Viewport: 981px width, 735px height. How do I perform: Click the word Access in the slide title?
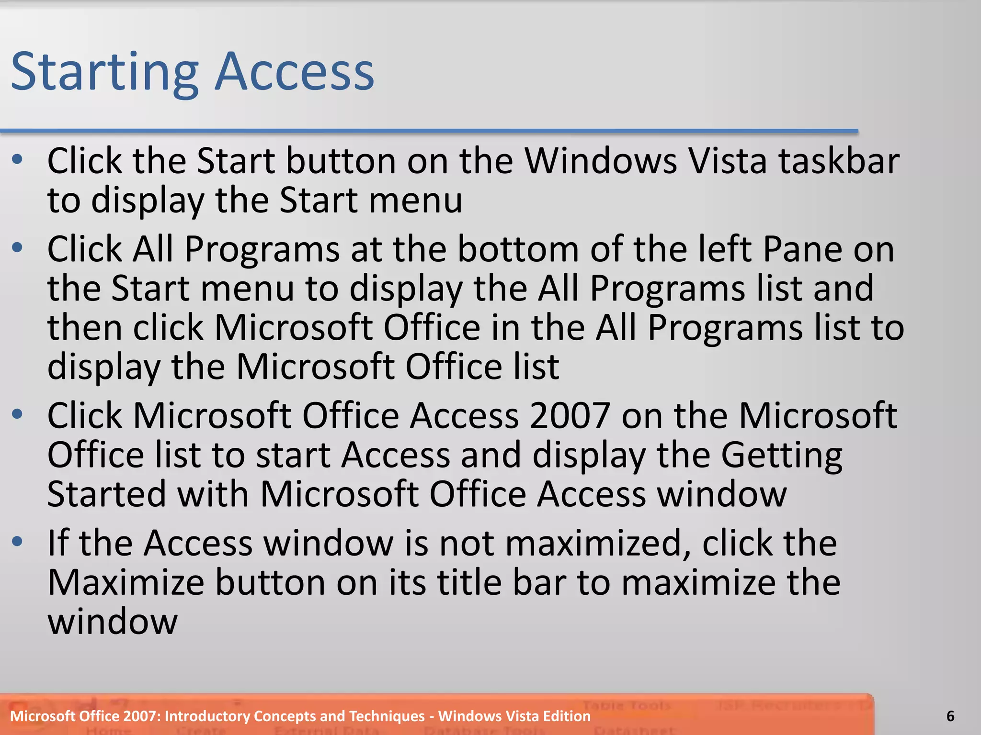pyautogui.click(x=294, y=72)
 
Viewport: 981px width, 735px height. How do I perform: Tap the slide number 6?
pyautogui.click(x=950, y=716)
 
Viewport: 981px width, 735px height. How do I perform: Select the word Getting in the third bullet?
pyautogui.click(x=781, y=456)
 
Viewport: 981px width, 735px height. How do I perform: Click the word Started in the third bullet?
pyautogui.click(x=106, y=494)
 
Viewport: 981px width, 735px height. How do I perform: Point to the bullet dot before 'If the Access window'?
pyautogui.click(x=18, y=542)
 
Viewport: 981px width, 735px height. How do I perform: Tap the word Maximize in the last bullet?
pyautogui.click(x=125, y=583)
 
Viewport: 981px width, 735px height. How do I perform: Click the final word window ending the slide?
pyautogui.click(x=113, y=622)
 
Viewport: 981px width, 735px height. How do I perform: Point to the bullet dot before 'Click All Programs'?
pyautogui.click(x=18, y=248)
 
